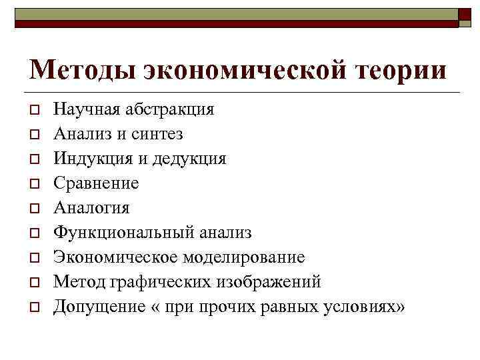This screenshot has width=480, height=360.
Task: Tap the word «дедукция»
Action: [x=188, y=159]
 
